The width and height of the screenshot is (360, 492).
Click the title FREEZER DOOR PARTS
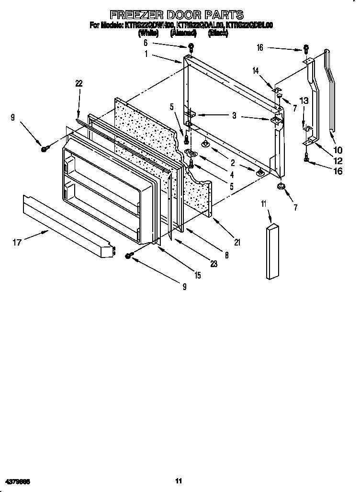pos(177,15)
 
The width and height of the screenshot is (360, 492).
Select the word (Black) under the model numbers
pos(218,33)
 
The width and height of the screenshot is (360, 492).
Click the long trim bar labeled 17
pos(67,225)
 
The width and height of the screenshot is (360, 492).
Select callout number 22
pos(79,83)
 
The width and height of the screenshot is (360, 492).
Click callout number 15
pos(197,275)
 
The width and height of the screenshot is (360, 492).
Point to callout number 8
pos(226,256)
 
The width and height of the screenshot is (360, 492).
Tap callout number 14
pos(256,70)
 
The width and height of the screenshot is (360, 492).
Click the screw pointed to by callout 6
pos(191,47)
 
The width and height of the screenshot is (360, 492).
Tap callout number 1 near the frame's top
pos(146,54)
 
